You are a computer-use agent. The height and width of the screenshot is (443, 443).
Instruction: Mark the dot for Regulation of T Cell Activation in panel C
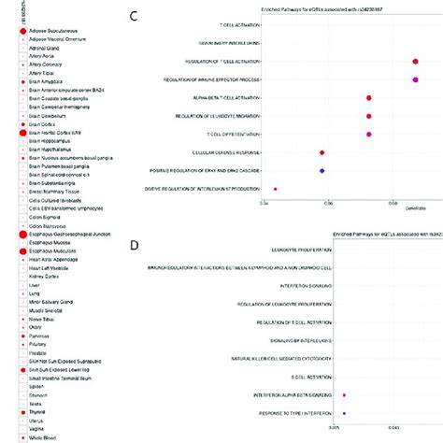coord(415,61)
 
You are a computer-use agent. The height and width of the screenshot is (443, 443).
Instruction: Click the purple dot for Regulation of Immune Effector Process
coord(415,79)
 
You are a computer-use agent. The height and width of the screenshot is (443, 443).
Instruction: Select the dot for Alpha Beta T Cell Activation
coord(369,98)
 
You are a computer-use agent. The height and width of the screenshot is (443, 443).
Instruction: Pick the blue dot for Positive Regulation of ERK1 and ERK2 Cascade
coord(322,170)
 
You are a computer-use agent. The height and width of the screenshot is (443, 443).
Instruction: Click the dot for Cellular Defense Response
coord(322,152)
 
